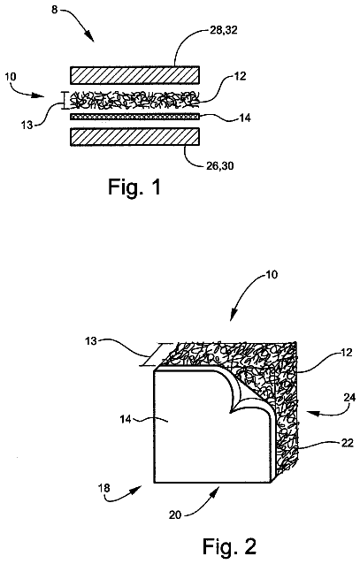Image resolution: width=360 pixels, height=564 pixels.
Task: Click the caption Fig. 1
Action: coord(134,187)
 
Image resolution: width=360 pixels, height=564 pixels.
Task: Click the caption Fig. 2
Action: coord(229,546)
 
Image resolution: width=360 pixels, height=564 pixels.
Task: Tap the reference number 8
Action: coord(54,10)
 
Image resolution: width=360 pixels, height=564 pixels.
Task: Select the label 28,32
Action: coord(223,30)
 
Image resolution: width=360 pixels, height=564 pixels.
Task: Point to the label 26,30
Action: coord(219,166)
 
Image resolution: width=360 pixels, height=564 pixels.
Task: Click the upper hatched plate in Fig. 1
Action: coord(134,75)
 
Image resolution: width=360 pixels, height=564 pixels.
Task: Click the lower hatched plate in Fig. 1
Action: coord(134,137)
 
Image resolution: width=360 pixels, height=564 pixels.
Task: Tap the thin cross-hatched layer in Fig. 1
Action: coord(134,117)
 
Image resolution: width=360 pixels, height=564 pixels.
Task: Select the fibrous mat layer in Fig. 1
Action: coord(134,101)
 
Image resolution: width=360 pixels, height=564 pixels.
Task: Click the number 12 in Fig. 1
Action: coord(240,76)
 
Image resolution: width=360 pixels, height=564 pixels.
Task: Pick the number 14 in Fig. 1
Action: coord(245,118)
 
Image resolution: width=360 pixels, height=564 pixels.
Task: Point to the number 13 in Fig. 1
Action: coord(27,125)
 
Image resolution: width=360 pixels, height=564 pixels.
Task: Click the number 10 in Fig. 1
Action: coord(11,77)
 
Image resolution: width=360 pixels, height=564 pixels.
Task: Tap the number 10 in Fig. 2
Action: coord(272,275)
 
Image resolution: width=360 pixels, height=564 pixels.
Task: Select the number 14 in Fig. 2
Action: coord(126,419)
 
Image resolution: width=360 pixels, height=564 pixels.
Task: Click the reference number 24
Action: coord(349,398)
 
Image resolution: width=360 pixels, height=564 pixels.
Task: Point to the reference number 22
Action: coord(348,443)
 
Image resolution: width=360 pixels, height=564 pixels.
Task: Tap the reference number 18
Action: coord(104,488)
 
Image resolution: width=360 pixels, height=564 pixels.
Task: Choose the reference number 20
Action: coord(175,515)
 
